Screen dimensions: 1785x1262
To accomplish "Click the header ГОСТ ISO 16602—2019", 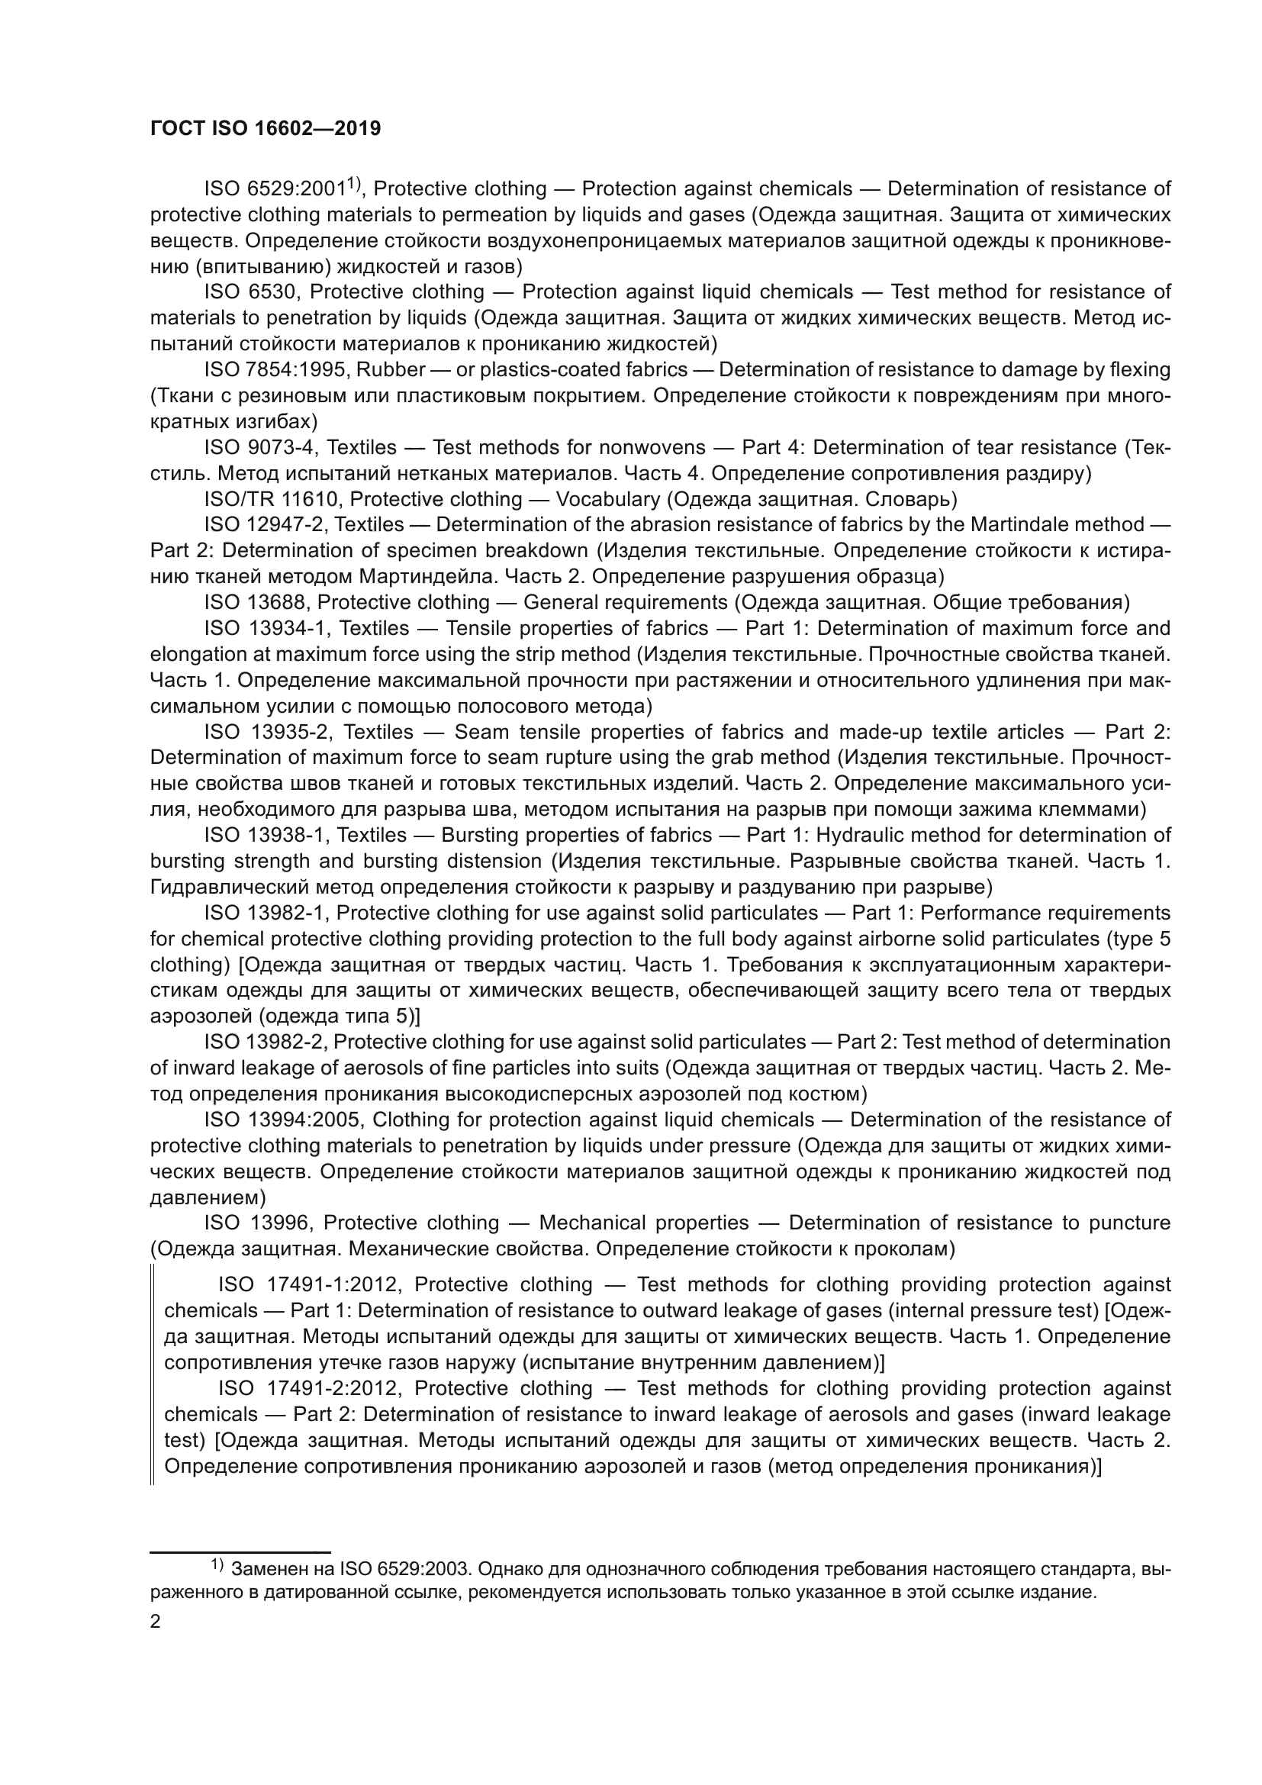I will click(x=265, y=129).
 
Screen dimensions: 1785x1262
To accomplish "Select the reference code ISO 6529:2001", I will click(x=275, y=189).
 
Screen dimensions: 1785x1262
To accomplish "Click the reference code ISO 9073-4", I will click(x=261, y=447).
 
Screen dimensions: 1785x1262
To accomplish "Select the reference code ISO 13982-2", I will click(x=264, y=1042).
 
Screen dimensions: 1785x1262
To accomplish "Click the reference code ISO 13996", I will click(x=258, y=1223).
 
